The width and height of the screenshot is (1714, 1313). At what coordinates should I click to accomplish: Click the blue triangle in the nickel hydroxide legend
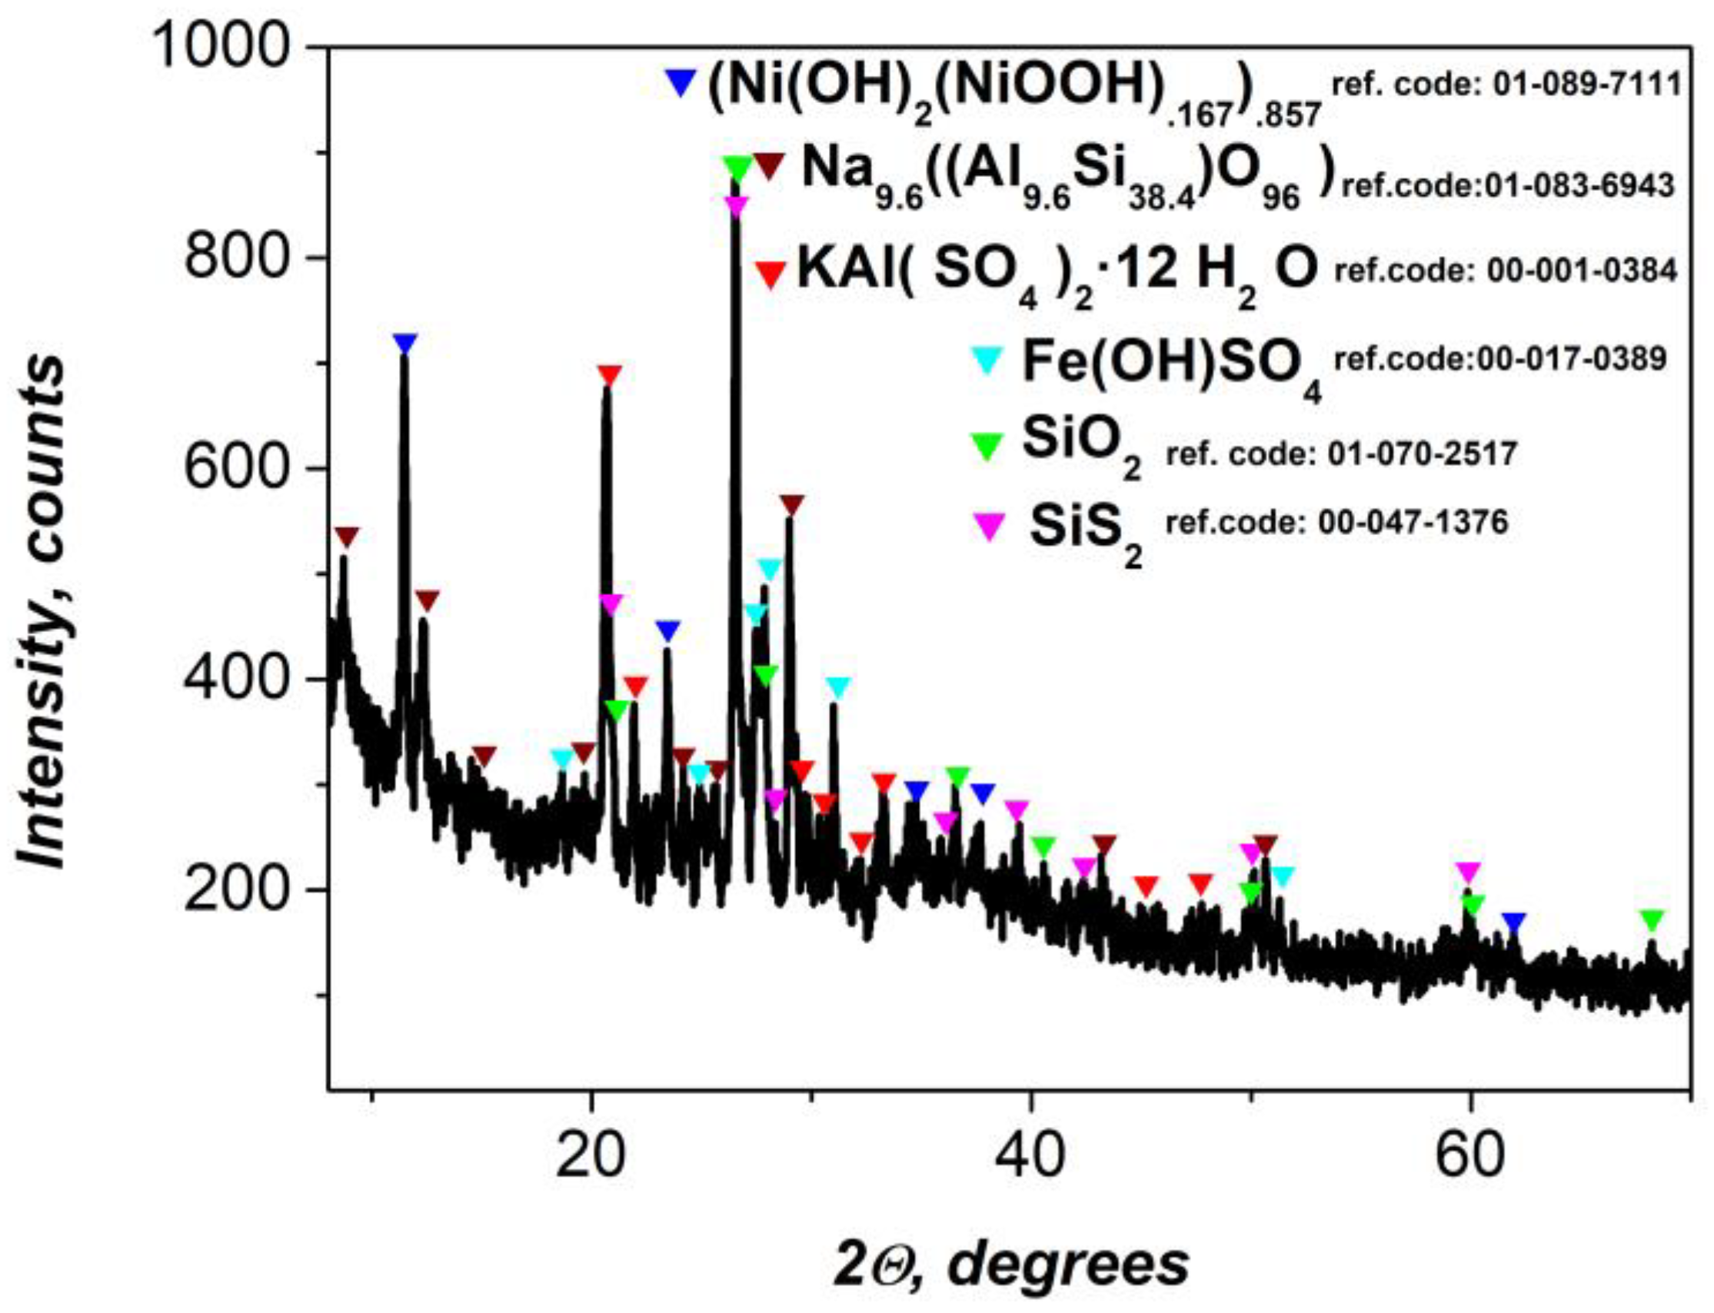[x=680, y=83]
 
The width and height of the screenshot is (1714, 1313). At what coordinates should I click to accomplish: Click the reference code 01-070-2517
[x=1341, y=454]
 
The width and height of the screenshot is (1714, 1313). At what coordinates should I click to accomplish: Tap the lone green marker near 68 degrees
[x=1651, y=921]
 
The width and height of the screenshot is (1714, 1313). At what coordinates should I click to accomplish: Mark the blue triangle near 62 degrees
[x=1515, y=922]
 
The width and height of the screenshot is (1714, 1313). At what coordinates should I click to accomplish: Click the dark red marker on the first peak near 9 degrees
[x=347, y=537]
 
